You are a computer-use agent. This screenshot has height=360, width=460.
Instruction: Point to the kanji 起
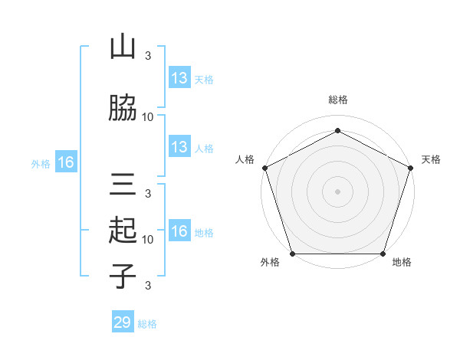[x=123, y=230]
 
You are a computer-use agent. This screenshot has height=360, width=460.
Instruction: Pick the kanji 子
[x=123, y=276]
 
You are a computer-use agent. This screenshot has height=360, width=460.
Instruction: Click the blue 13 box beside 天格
[x=179, y=78]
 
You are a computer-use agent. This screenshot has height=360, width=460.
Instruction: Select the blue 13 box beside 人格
[x=179, y=147]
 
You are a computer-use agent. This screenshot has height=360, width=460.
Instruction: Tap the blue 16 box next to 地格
[x=179, y=231]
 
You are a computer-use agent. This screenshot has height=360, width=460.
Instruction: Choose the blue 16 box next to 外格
[x=66, y=162]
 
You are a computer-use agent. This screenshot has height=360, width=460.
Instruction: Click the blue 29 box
[x=123, y=322]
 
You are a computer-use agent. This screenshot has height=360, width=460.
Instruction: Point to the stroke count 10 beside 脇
[x=148, y=117]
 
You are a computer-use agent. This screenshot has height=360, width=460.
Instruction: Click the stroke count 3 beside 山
[x=148, y=55]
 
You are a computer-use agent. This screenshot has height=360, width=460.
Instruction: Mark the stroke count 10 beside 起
[x=148, y=240]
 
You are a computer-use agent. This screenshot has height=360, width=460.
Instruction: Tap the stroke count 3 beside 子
[x=148, y=286]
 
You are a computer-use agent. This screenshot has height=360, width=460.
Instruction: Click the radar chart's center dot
[x=337, y=191]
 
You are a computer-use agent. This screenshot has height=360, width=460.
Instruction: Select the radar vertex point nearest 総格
[x=337, y=130]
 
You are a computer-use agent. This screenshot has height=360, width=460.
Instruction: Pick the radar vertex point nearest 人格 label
[x=264, y=167]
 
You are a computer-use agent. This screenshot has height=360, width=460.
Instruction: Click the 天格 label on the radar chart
[x=431, y=159]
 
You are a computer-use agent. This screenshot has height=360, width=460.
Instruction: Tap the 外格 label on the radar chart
[x=270, y=263]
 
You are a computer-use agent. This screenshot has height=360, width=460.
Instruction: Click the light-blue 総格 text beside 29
[x=147, y=324]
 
